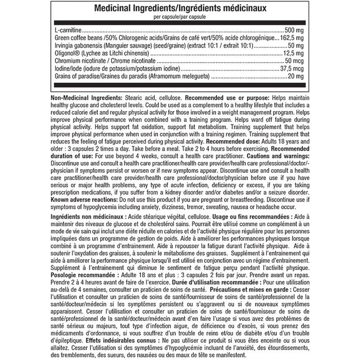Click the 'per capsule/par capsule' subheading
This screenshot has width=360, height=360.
[179, 18]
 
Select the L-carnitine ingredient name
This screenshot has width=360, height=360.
[67, 31]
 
